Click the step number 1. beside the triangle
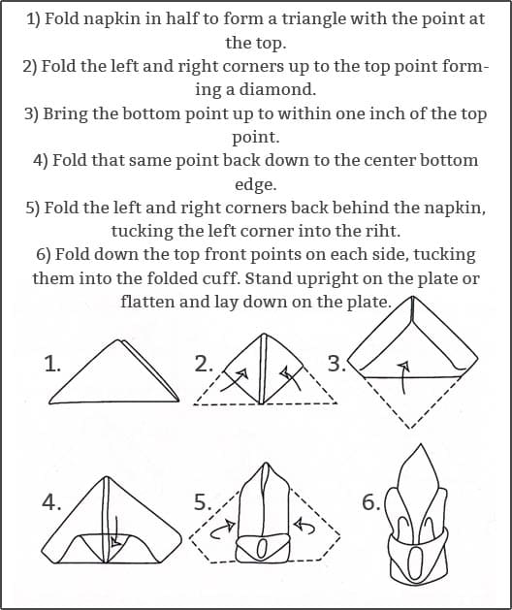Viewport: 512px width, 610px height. point(52,365)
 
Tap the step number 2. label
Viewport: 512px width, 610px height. point(204,364)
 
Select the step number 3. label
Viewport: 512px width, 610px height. point(336,364)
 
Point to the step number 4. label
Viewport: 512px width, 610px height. point(51,501)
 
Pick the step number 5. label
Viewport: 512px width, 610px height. point(203,501)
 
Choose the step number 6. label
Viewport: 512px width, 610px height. point(371,501)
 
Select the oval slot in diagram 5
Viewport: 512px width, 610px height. point(261,550)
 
